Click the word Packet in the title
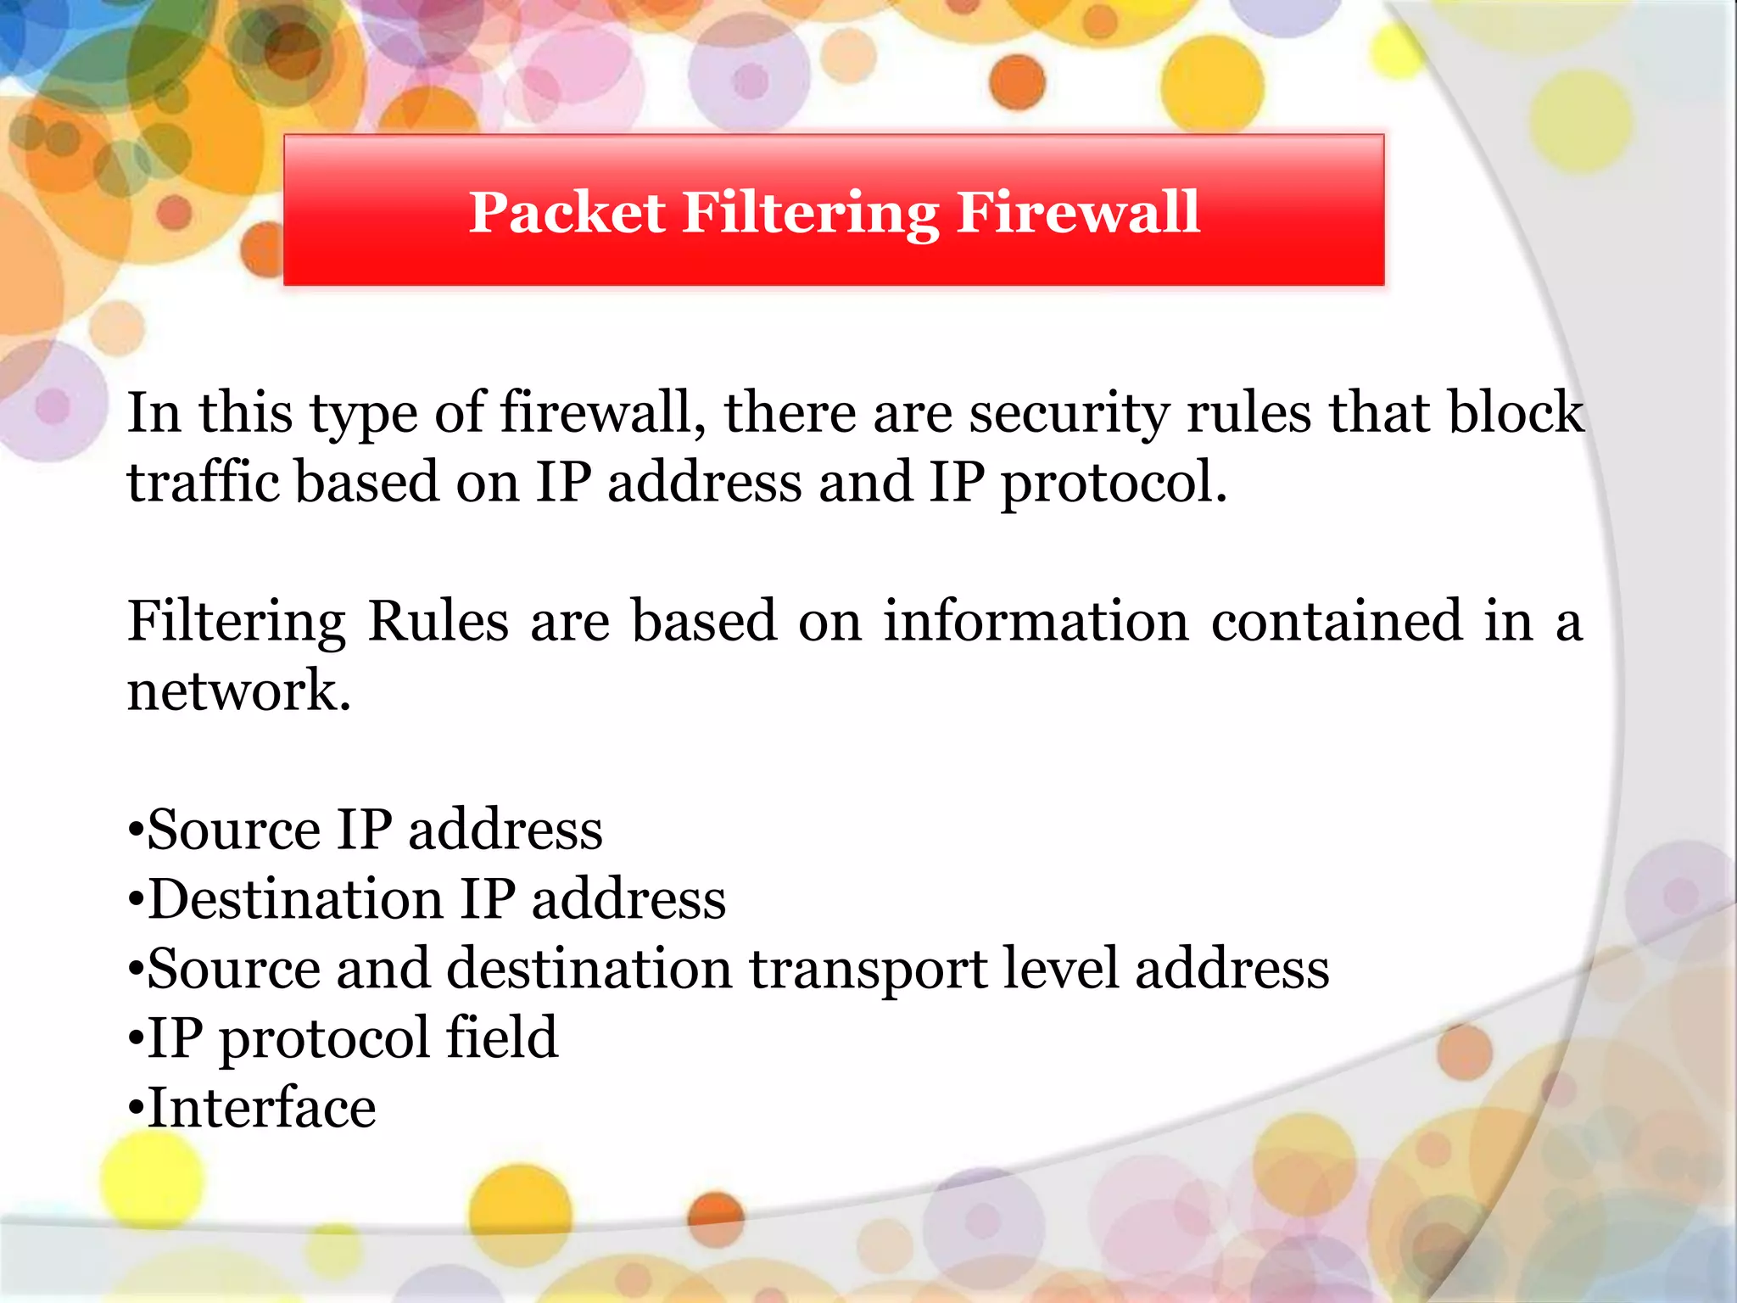pos(567,212)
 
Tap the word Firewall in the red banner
pos(1078,212)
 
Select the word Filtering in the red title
pos(810,214)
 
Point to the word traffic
pos(204,482)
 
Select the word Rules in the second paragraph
pos(438,621)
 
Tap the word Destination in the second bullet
pos(296,899)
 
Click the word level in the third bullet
pos(1061,968)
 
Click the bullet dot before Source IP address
pos(136,831)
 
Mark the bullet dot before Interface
pos(136,1110)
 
